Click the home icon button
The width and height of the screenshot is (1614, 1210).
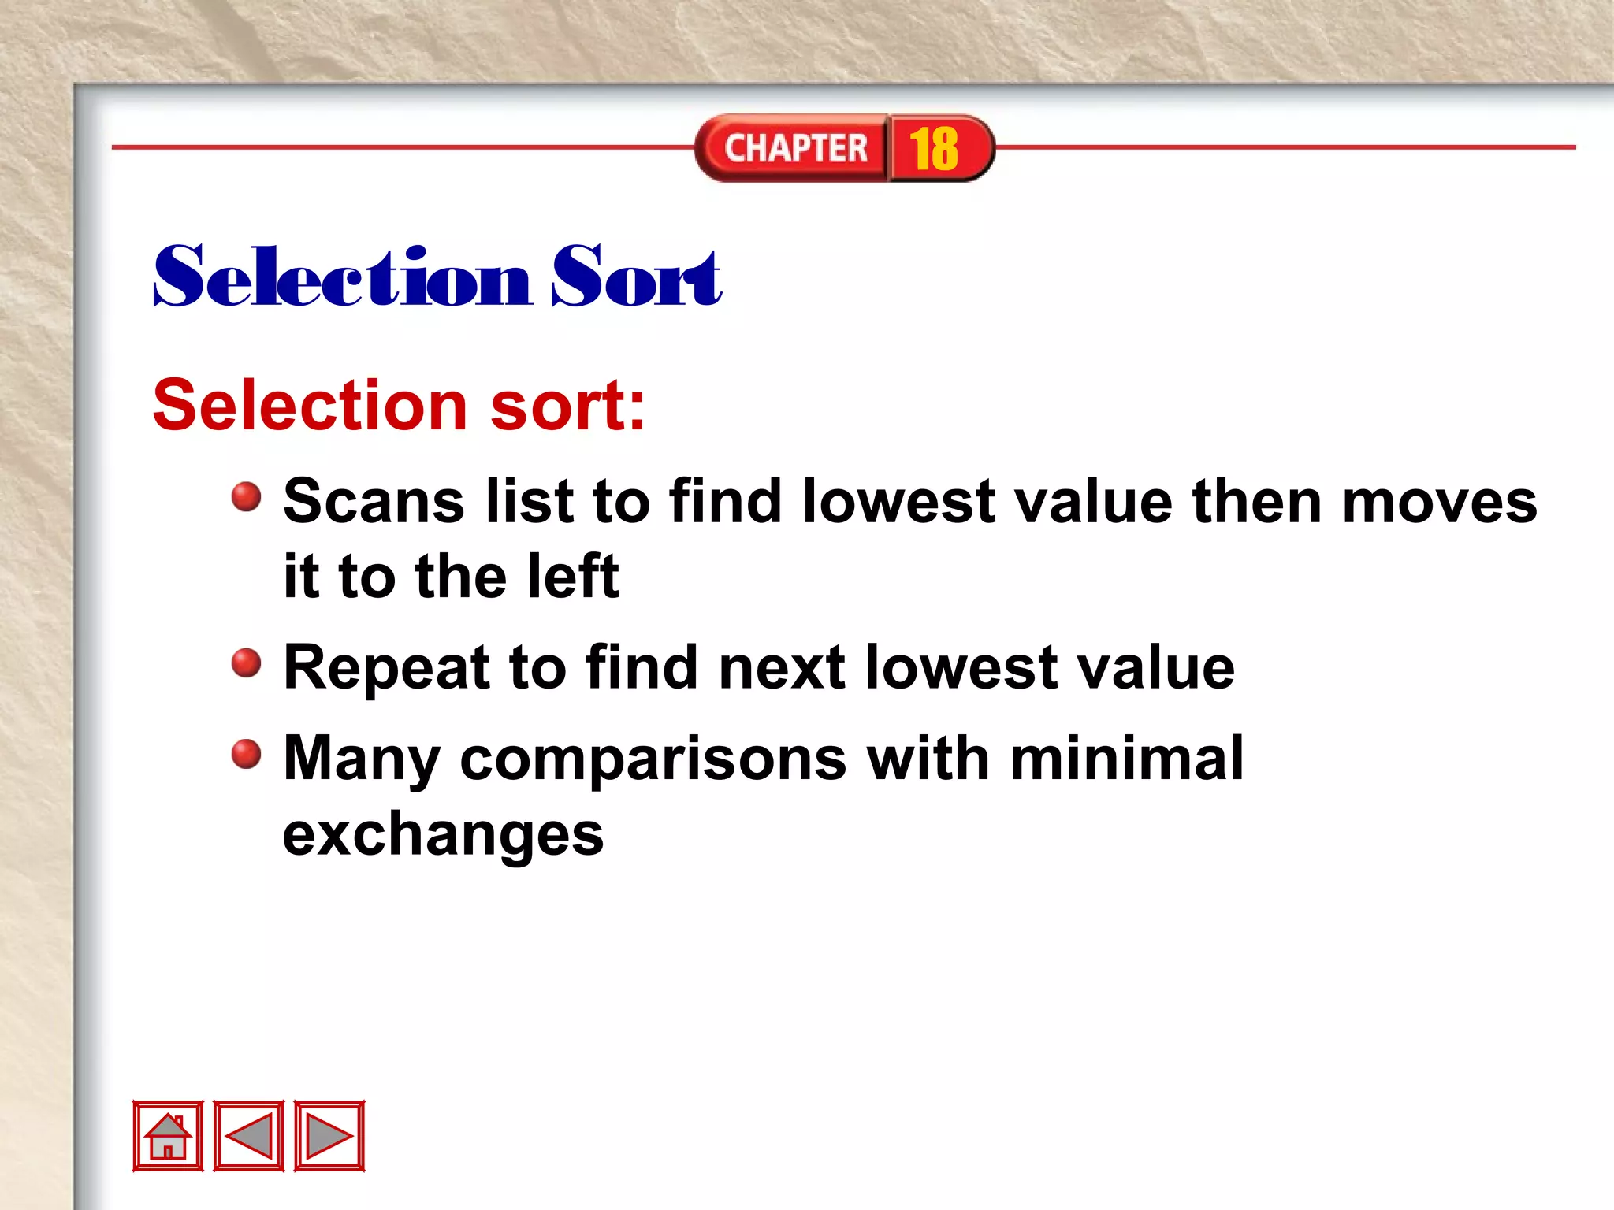(168, 1136)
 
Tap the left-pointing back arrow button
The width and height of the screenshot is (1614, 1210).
(249, 1136)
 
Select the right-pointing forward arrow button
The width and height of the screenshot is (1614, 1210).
(329, 1136)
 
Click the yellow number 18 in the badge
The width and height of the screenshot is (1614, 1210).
(934, 149)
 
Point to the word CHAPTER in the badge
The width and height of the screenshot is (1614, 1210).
(796, 149)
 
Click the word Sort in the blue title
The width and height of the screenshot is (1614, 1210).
(636, 277)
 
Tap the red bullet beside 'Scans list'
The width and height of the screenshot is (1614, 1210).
(247, 497)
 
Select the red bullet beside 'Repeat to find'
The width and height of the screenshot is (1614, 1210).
(247, 663)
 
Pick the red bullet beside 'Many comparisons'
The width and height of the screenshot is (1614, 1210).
(247, 754)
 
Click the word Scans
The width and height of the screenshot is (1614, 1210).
(374, 502)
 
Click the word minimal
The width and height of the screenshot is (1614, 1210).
(1127, 759)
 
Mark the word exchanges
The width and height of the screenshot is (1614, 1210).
(443, 835)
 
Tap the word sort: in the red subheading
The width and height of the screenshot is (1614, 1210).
(567, 406)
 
